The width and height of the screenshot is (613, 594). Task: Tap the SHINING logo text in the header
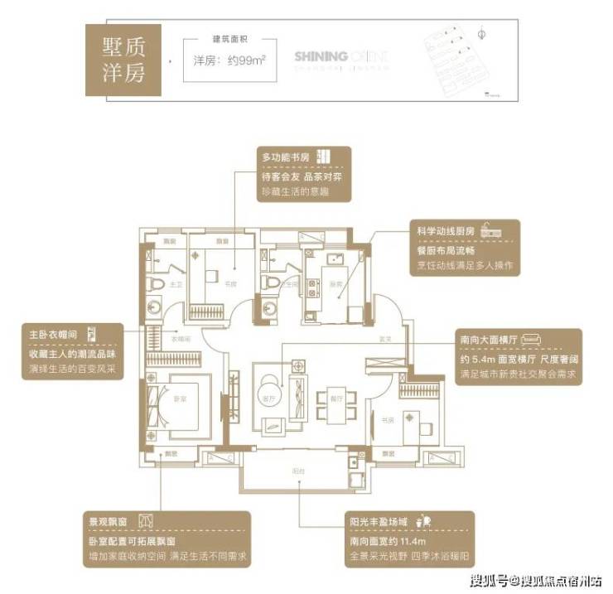click(x=321, y=56)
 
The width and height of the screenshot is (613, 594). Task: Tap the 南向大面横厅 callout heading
click(x=491, y=339)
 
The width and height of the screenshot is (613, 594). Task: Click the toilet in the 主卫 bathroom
click(x=155, y=283)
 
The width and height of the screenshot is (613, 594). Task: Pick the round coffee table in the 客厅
click(x=269, y=390)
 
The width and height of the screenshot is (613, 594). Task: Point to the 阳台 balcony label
click(x=295, y=468)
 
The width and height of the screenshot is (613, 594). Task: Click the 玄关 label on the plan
click(x=384, y=338)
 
